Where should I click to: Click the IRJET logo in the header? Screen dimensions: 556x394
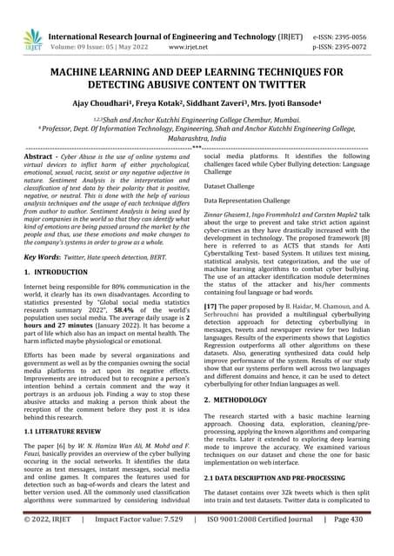point(33,40)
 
